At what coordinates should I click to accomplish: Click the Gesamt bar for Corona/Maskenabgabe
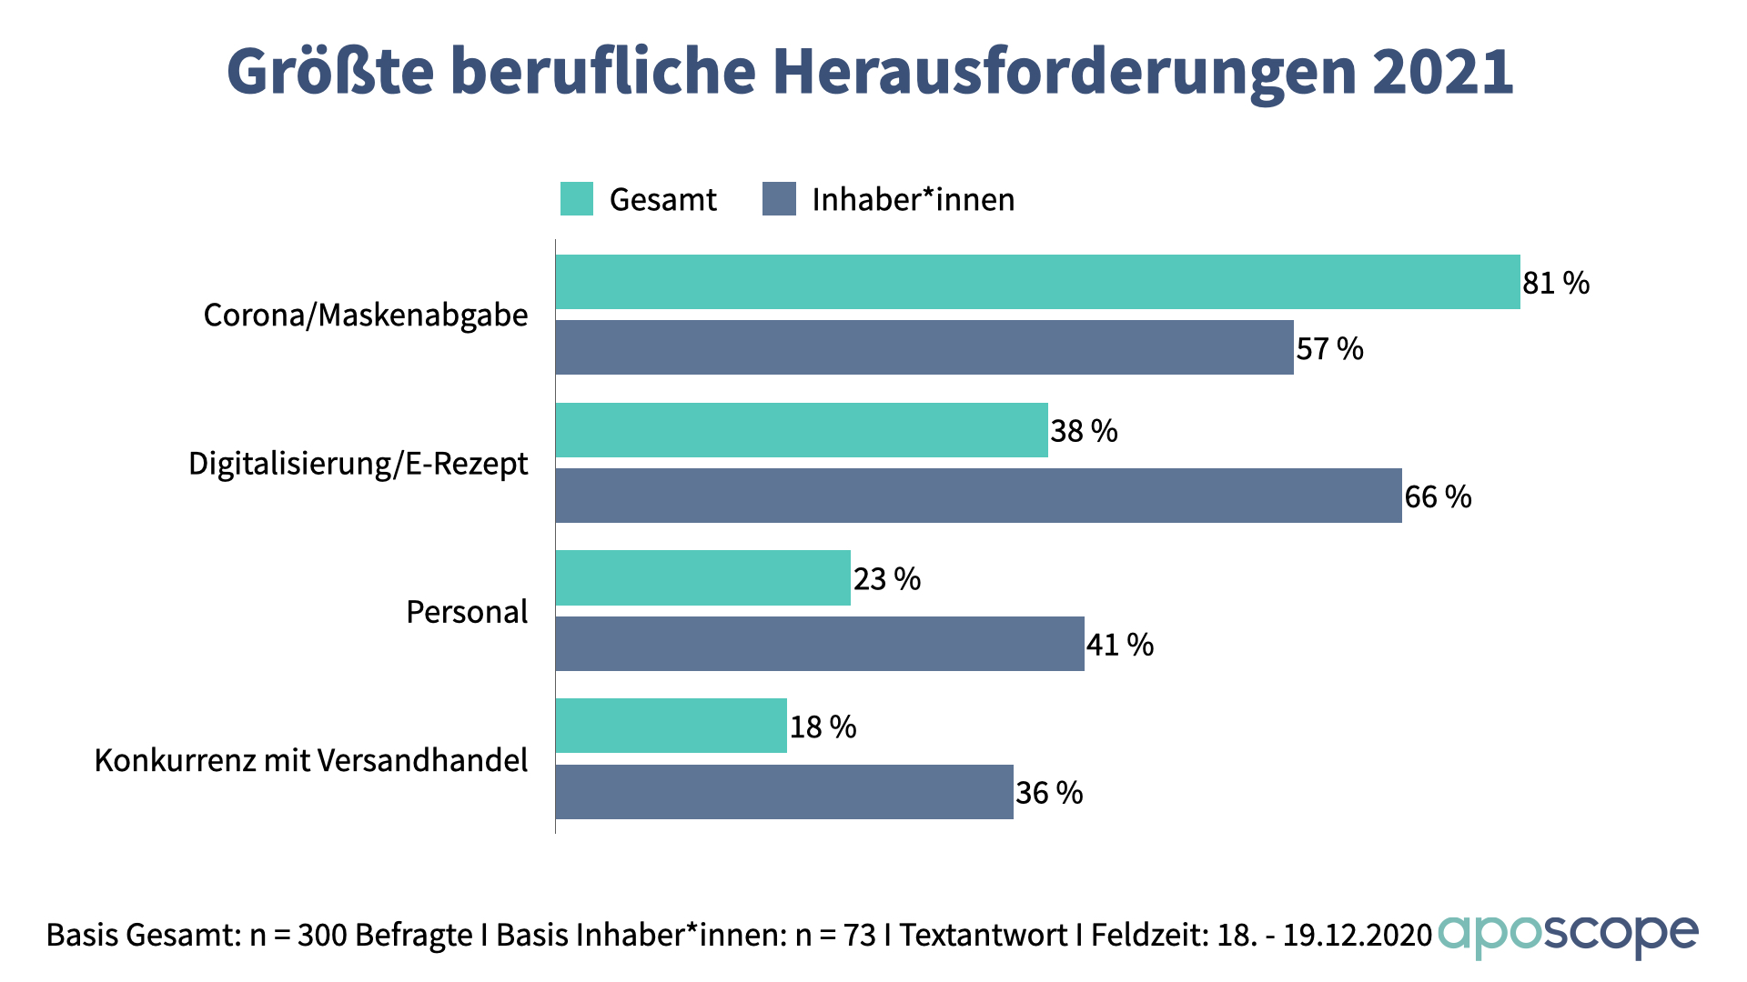tap(1037, 282)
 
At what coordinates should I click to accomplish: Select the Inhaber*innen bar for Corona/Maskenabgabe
tap(924, 347)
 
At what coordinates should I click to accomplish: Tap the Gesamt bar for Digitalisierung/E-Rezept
tap(802, 430)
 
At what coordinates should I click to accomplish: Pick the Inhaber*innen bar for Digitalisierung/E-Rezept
tap(979, 496)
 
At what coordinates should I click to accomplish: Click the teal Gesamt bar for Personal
tap(703, 578)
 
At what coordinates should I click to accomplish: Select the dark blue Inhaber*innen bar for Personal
tap(820, 644)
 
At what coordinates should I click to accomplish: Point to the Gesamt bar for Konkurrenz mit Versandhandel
tap(672, 726)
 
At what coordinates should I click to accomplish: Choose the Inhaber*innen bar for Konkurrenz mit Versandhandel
tap(784, 792)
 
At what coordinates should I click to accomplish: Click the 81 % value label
tap(1556, 283)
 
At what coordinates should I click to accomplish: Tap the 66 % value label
tap(1438, 496)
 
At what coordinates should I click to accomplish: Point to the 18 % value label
tap(823, 727)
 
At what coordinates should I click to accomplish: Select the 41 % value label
tap(1120, 645)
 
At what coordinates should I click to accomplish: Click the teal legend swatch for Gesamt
tap(577, 199)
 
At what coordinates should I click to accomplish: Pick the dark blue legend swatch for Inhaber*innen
tap(779, 199)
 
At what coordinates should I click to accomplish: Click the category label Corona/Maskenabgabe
tap(366, 315)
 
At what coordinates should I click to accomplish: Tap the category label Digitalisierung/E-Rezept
tap(358, 464)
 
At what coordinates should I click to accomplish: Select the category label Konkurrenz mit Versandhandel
tap(311, 760)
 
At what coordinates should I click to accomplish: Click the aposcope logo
tap(1568, 935)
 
